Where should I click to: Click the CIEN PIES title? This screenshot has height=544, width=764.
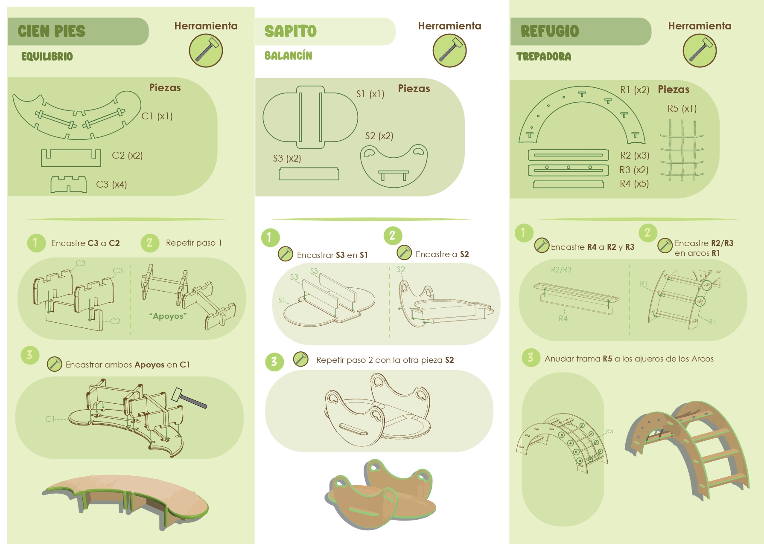point(52,31)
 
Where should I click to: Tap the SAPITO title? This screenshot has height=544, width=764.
point(291,31)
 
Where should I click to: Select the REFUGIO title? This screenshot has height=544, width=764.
point(550,31)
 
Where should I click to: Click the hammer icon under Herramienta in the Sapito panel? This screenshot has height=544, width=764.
point(449,50)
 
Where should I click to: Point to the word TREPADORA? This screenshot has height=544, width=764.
point(544,57)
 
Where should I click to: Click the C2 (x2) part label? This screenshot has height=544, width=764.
point(127,156)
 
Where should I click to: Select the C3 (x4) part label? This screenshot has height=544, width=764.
point(111,185)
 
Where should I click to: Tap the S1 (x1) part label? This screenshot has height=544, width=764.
point(370,94)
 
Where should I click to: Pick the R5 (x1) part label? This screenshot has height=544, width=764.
point(682,109)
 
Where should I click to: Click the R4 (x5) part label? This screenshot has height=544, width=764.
point(634,184)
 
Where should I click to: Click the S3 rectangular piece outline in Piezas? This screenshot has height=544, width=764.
point(309,174)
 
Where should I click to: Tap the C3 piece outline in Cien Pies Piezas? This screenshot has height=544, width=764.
point(69,185)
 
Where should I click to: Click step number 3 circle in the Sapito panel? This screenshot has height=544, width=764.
point(274,362)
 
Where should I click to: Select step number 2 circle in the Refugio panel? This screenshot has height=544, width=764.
point(647,233)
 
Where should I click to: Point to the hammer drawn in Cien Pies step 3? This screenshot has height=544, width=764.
point(189,398)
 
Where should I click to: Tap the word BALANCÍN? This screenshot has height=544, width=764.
point(289,56)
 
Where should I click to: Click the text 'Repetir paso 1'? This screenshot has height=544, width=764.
point(194,243)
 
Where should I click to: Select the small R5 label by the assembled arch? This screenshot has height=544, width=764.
point(609,431)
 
